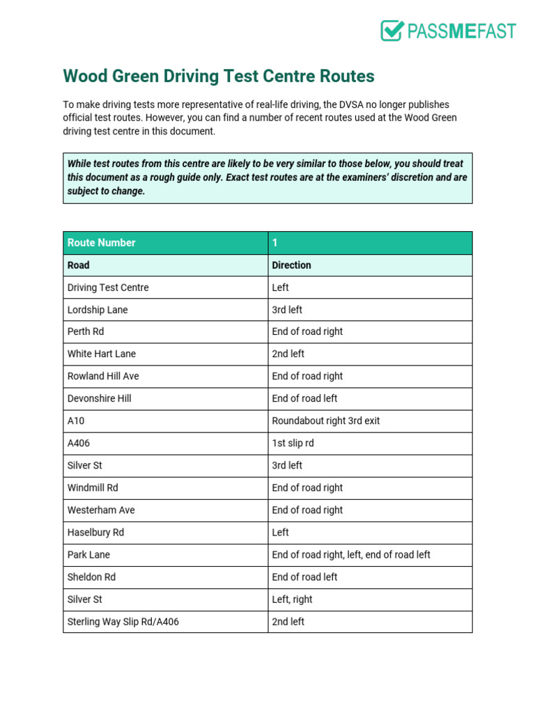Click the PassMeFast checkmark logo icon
coord(392,31)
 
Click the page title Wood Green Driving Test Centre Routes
coord(219,76)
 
